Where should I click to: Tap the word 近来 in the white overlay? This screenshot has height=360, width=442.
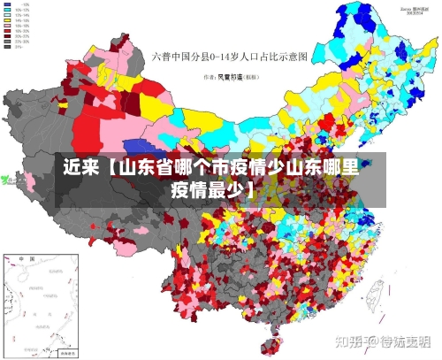[80, 167]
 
